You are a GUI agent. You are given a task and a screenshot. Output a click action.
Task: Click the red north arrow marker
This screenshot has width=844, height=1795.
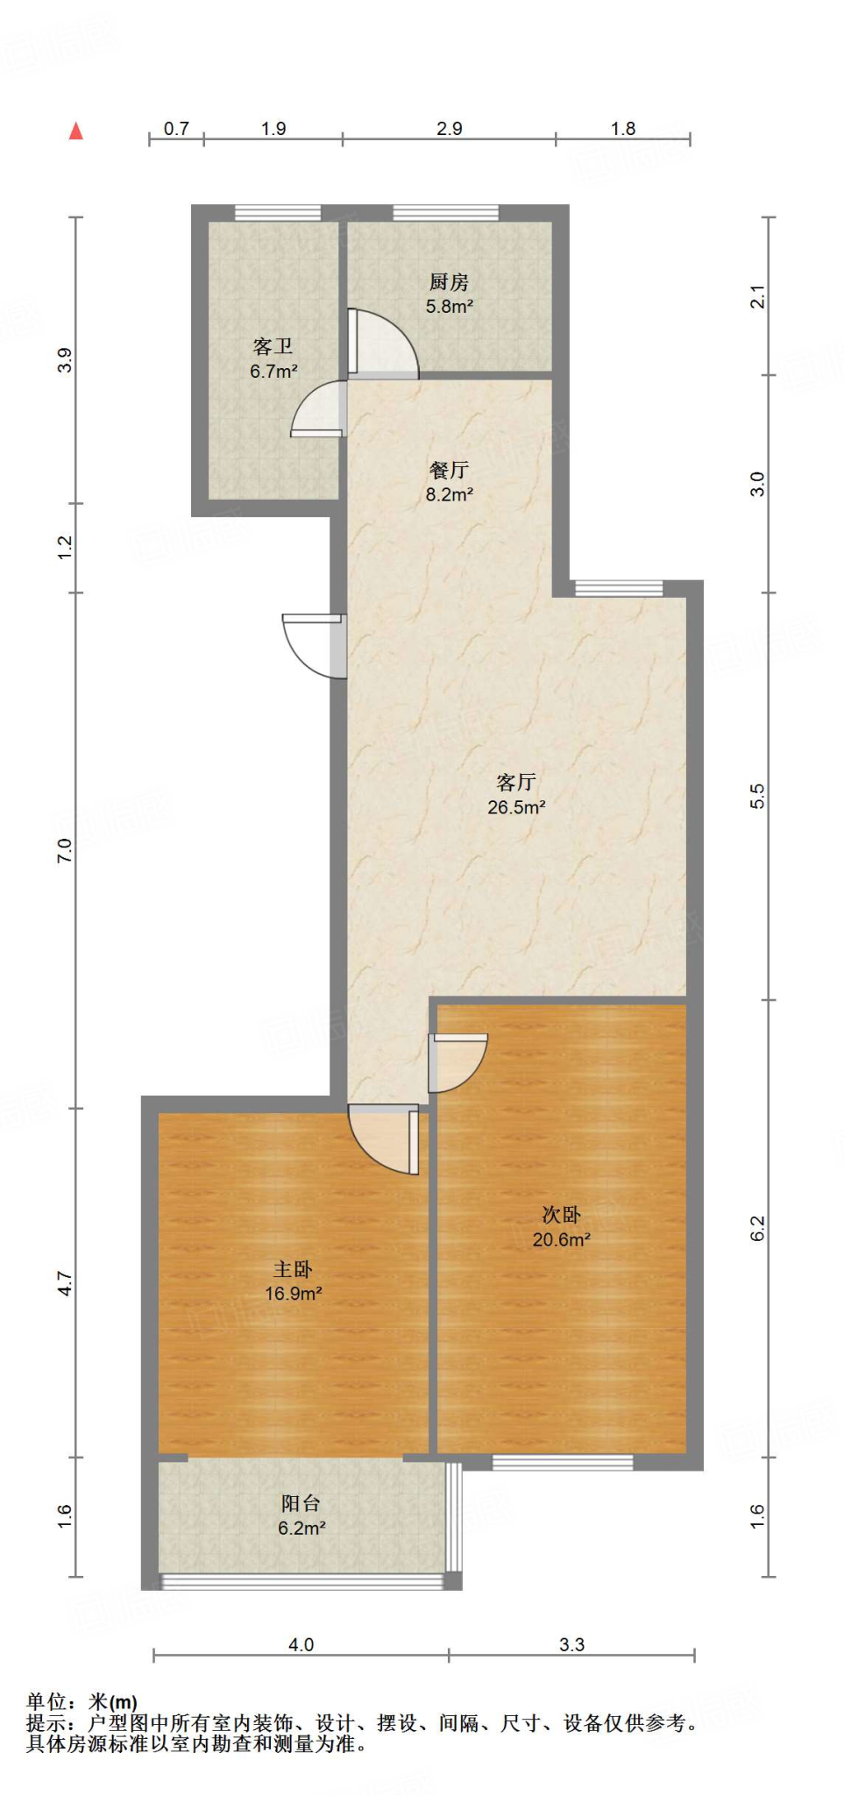point(76,131)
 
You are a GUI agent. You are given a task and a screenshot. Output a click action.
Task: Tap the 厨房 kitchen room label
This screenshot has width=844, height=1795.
point(449,282)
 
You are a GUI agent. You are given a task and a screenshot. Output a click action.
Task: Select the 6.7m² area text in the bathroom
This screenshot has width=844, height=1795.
point(273,372)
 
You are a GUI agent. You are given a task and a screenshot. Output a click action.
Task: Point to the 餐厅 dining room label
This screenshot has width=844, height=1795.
point(449,471)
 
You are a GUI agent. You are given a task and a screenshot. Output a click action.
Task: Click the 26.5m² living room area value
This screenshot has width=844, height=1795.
point(516,807)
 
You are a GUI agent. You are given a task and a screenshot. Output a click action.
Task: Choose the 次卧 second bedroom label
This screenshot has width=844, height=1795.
point(561,1215)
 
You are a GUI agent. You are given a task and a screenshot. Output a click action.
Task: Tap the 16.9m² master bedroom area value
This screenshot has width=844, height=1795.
point(294,1294)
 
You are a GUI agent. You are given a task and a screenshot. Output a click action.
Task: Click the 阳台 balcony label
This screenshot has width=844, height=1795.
point(301,1504)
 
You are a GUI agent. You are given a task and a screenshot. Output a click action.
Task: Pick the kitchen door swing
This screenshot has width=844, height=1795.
point(382,344)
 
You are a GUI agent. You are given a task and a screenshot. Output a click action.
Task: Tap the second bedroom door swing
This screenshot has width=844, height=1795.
point(457,1063)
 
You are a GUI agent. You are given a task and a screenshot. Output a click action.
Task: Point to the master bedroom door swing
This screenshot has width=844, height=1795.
point(383,1139)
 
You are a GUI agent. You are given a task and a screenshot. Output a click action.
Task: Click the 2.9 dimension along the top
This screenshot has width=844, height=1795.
point(450,129)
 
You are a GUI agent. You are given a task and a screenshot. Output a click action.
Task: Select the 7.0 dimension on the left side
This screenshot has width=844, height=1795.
point(64,849)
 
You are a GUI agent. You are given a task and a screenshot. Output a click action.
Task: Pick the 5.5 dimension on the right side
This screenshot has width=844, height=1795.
point(758,795)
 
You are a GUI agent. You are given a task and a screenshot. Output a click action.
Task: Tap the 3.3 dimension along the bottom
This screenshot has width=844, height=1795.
point(572,1645)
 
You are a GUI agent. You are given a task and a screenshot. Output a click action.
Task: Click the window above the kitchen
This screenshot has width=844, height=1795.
point(446,212)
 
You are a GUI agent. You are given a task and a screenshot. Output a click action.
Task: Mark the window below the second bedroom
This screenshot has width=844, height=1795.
point(563,1462)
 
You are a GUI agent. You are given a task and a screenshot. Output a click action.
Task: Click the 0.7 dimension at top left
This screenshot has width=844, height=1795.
point(176,129)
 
